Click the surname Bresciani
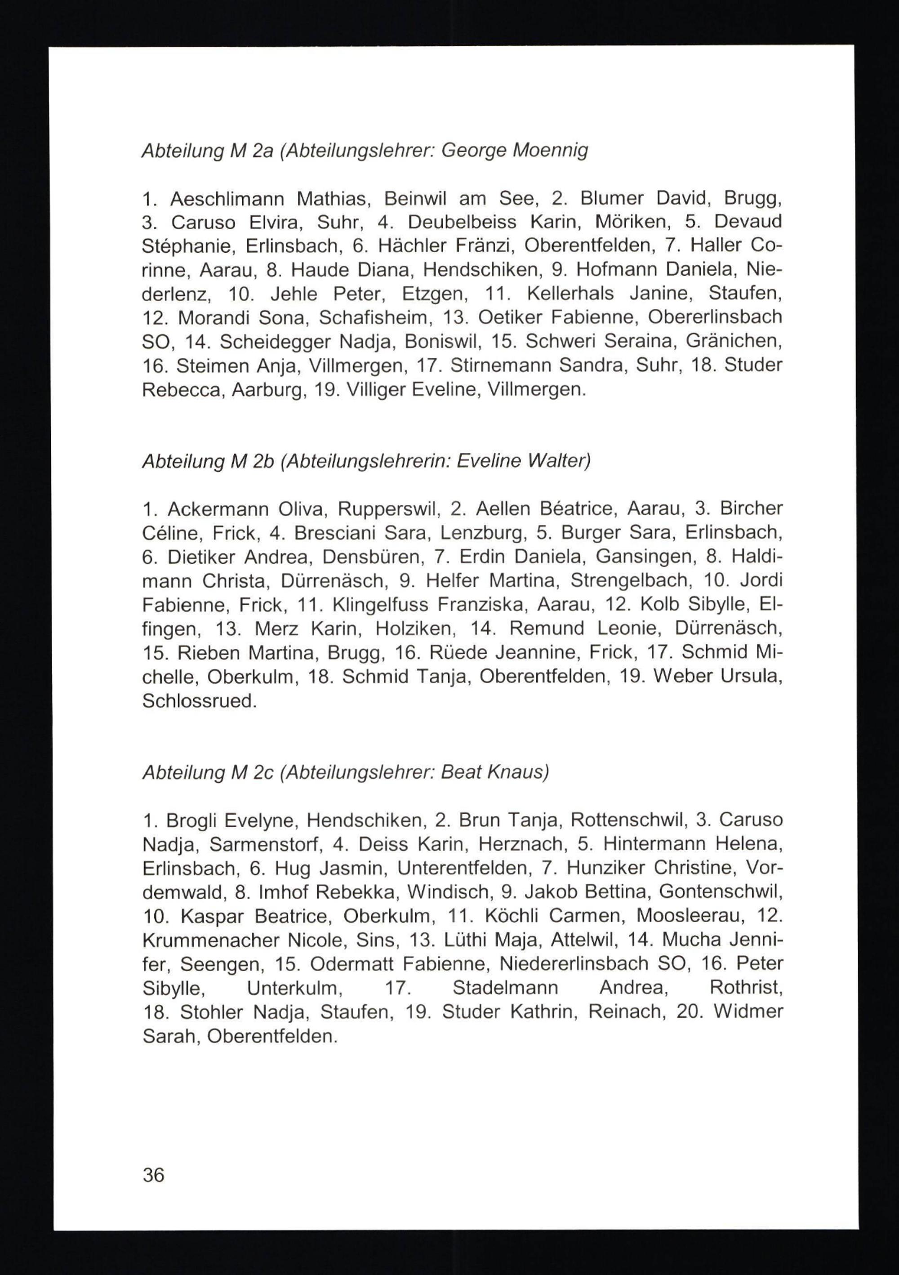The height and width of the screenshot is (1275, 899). (x=335, y=533)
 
